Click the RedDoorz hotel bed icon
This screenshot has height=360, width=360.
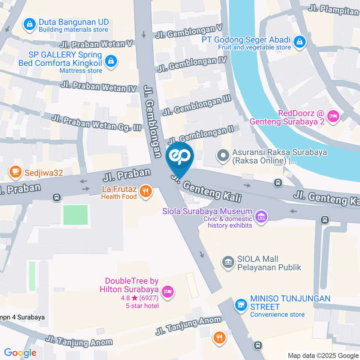(333, 116)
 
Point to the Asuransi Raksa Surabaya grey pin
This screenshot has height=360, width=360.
(223, 155)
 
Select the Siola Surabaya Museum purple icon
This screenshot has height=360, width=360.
(261, 216)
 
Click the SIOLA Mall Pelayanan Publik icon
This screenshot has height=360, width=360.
(227, 262)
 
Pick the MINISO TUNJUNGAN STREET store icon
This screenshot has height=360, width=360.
(241, 305)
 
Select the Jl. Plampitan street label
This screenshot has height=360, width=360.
(333, 10)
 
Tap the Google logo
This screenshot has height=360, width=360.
(20, 352)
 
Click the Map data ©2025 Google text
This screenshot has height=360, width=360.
(323, 355)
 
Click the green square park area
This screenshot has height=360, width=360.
(75, 215)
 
